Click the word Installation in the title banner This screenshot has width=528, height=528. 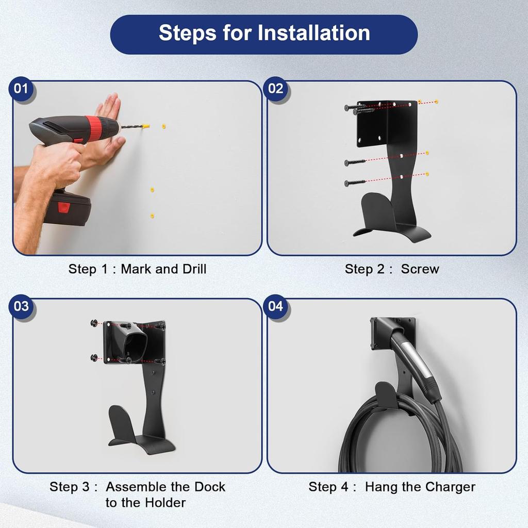coord(314,32)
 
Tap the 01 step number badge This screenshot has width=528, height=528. coord(21,89)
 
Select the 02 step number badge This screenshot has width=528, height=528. coord(275,89)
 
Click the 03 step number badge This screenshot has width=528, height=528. coord(21,306)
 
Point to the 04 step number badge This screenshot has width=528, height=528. coord(275,306)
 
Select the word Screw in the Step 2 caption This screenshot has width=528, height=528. coord(420,269)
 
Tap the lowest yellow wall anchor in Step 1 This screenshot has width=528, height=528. coord(152,216)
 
